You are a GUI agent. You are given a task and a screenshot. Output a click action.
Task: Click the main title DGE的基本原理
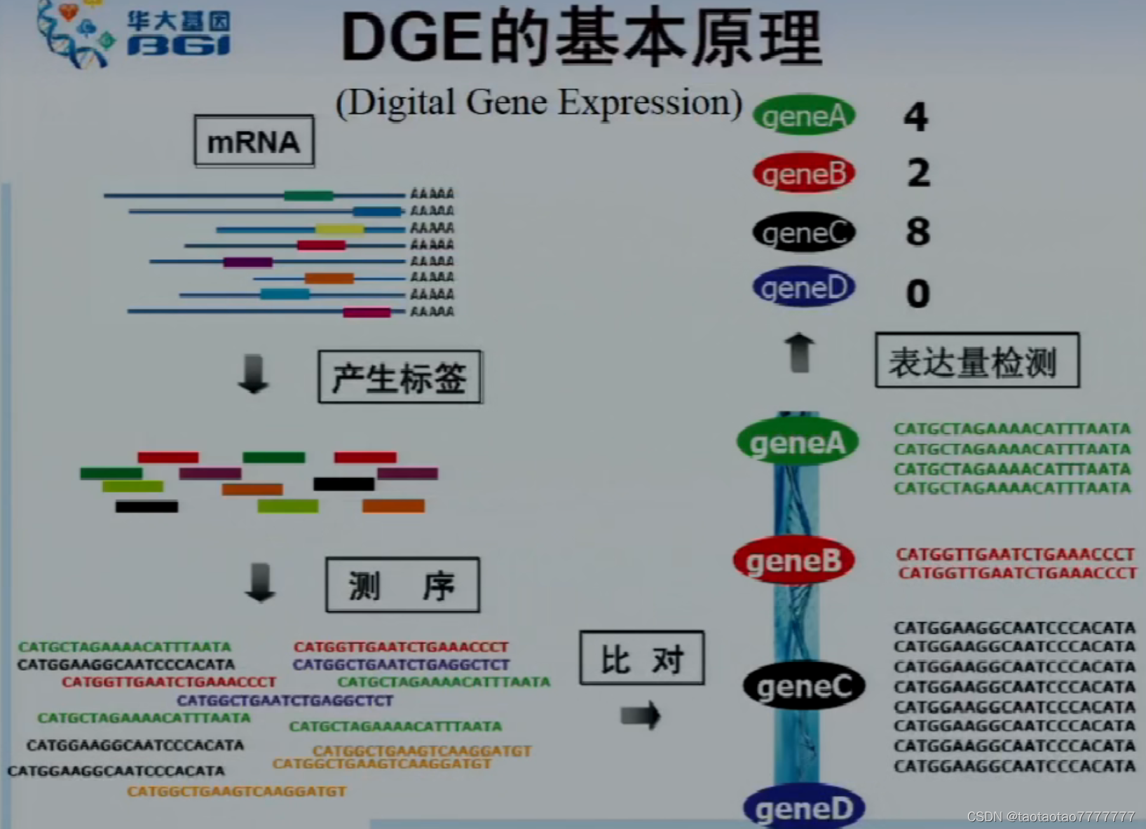pyautogui.click(x=580, y=38)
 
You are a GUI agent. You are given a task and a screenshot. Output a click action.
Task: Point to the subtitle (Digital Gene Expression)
pyautogui.click(x=538, y=102)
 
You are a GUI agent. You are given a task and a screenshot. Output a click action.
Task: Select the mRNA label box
pyautogui.click(x=254, y=141)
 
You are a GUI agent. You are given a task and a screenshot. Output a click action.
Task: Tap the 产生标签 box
pyautogui.click(x=400, y=377)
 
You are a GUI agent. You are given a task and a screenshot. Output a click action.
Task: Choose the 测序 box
pyautogui.click(x=402, y=584)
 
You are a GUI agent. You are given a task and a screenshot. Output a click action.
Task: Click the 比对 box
pyautogui.click(x=641, y=657)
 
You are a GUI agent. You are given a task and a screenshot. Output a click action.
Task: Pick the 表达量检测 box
pyautogui.click(x=976, y=360)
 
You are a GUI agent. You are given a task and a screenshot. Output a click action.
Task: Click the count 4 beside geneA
pyautogui.click(x=916, y=116)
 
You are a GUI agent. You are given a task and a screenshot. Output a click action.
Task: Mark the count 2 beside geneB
pyautogui.click(x=918, y=172)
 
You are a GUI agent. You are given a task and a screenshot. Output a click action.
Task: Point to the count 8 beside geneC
pyautogui.click(x=918, y=231)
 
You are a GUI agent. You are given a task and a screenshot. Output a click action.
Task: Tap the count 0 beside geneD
pyautogui.click(x=918, y=293)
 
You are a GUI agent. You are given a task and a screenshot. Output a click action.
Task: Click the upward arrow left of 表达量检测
pyautogui.click(x=799, y=352)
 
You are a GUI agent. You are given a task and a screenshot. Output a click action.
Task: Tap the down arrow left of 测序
pyautogui.click(x=260, y=582)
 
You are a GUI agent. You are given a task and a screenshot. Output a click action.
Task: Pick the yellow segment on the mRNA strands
pyautogui.click(x=339, y=228)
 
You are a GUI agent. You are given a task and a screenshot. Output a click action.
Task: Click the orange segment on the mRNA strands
pyautogui.click(x=329, y=278)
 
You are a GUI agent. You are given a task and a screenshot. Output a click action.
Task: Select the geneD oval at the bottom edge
pyautogui.click(x=804, y=809)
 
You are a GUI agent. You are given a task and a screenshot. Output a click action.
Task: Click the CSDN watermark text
pyautogui.click(x=1050, y=816)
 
